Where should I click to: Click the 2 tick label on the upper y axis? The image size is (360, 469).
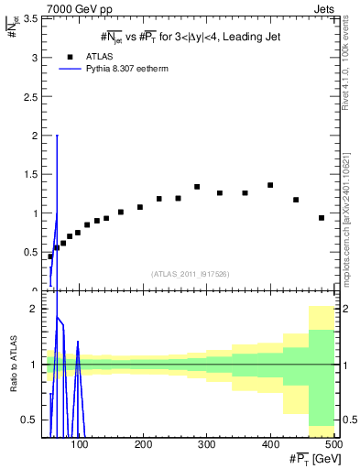[x=36, y=135]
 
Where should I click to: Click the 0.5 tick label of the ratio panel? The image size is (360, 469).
[x=31, y=420]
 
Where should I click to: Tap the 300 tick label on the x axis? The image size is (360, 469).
[x=206, y=445]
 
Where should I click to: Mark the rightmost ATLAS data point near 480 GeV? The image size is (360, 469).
[x=322, y=218]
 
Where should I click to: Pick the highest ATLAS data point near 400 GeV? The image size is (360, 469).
[x=270, y=185]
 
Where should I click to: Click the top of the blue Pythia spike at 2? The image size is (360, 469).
[x=57, y=136]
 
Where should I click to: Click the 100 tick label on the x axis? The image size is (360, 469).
[x=80, y=445]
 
